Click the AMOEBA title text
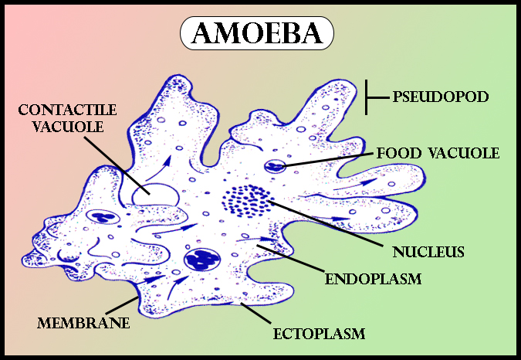click(x=257, y=33)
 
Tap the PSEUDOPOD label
click(x=441, y=97)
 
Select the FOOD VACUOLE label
click(x=438, y=153)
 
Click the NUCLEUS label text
click(x=428, y=252)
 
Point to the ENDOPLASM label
click(x=373, y=279)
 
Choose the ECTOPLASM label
click(x=319, y=334)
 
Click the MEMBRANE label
click(x=83, y=323)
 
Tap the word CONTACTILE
click(x=67, y=110)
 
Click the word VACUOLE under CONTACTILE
click(x=68, y=127)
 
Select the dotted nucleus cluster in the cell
click(x=246, y=201)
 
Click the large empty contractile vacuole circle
click(x=155, y=195)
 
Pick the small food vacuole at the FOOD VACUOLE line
click(x=275, y=166)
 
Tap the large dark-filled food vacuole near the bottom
click(x=201, y=258)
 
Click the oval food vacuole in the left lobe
click(x=103, y=217)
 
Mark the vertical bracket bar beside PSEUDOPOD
click(x=366, y=97)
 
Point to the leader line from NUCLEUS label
click(x=325, y=223)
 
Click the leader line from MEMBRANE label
click(x=122, y=305)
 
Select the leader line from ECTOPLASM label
click(x=255, y=313)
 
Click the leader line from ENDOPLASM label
click(x=290, y=259)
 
